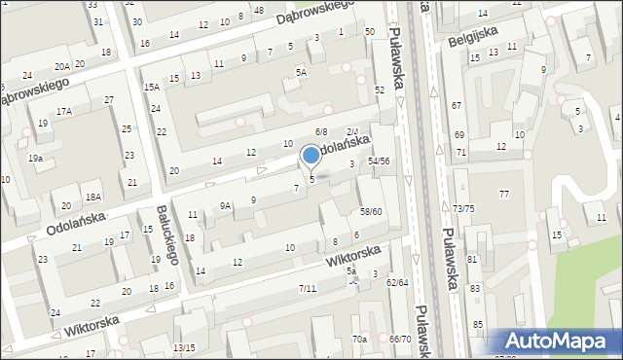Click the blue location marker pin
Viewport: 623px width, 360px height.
click(311, 156)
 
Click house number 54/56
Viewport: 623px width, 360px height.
click(379, 162)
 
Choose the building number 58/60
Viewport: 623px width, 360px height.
click(371, 211)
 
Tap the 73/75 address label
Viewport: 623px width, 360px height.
click(463, 209)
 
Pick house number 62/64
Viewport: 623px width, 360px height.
click(397, 282)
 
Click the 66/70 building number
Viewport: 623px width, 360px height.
click(400, 339)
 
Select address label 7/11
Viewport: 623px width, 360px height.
click(308, 288)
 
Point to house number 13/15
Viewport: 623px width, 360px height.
click(184, 347)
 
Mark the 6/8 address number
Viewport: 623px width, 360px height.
click(321, 131)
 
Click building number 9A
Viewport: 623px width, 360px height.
click(225, 205)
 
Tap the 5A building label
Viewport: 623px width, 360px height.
click(302, 72)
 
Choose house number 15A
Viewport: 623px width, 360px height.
click(152, 87)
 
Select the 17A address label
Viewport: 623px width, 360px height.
click(64, 112)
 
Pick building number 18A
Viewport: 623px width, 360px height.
click(93, 197)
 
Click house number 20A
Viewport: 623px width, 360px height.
click(62, 66)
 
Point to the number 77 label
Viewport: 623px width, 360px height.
click(504, 195)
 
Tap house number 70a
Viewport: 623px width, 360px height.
click(360, 339)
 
